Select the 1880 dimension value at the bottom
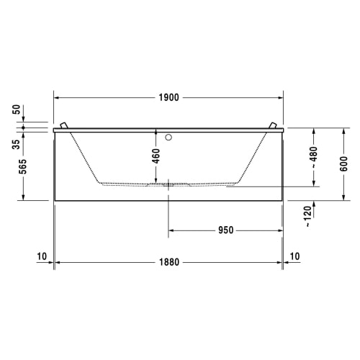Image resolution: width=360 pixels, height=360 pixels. pos(168,263)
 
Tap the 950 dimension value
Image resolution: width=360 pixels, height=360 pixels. pos(225,230)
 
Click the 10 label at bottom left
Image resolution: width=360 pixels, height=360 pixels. pos(40,256)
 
